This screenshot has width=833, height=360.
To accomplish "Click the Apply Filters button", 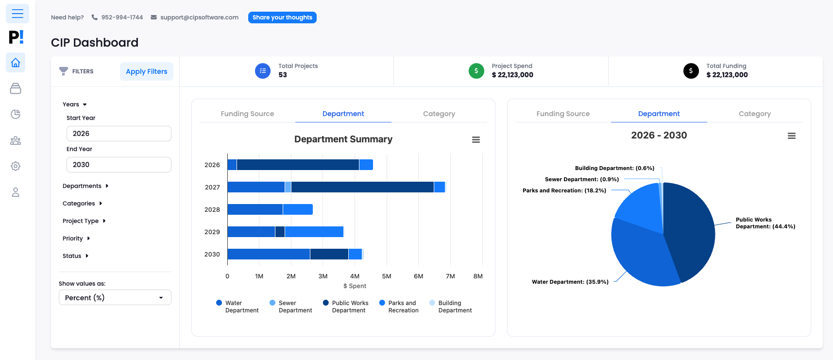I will coord(146,71).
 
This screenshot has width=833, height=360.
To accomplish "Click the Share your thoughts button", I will coord(282,17).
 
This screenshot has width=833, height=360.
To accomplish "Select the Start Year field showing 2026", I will coord(119,134).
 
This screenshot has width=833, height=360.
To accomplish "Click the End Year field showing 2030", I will coord(119,165).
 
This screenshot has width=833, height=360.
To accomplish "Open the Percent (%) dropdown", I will coord(115,297).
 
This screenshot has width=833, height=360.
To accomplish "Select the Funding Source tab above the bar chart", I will coord(247,114).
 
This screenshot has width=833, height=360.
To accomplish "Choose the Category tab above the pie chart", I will coord(754,114).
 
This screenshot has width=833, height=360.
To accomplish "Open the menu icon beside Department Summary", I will coord(476,140).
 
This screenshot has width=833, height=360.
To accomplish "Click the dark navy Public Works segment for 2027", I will coord(362,187).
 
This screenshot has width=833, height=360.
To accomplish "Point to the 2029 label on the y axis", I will coord(212,232).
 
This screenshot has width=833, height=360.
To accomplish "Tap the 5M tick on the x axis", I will coord(387,276).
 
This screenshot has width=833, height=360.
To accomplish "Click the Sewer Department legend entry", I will coord(291,307).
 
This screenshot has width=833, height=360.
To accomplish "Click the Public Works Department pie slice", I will coord(690,228).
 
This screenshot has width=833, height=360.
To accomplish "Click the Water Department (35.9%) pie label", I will coord(570,282).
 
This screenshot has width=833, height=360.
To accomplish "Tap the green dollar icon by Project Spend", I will coord(476,71).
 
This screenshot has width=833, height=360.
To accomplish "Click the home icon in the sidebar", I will coord(16,63).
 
